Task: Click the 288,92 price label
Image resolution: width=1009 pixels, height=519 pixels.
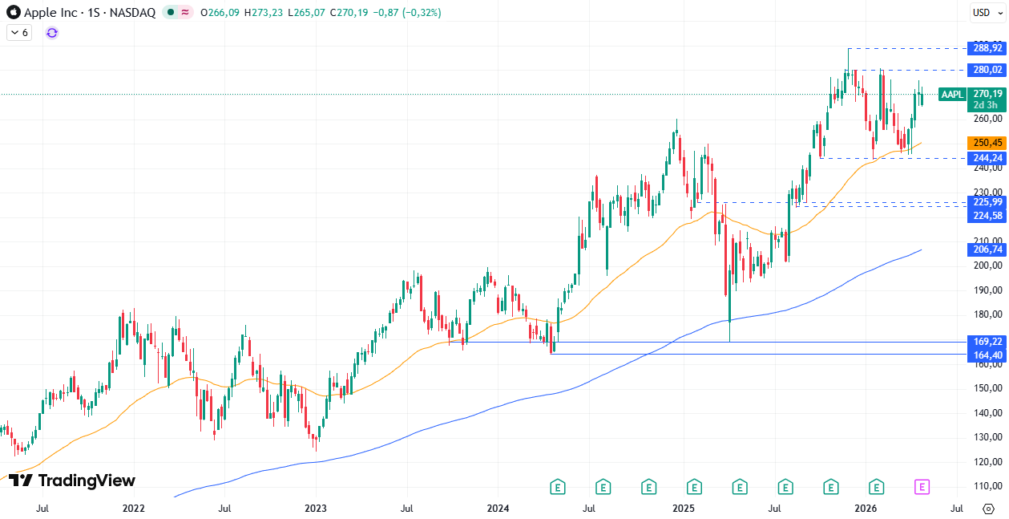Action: pos(987,48)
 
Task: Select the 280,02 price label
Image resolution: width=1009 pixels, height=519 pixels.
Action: pos(987,70)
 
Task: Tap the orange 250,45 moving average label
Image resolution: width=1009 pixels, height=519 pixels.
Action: pos(987,143)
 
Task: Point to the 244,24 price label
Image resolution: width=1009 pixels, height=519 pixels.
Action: pos(987,158)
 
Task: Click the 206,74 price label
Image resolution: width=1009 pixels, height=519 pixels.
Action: pos(987,249)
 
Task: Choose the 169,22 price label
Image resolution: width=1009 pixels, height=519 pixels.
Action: pos(987,342)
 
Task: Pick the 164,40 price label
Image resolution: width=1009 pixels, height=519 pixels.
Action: pos(987,355)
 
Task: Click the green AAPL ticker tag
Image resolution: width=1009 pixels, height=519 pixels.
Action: pos(952,95)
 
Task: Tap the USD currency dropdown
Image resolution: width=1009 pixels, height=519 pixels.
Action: pos(984,12)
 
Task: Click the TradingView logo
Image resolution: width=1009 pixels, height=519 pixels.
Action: pos(72,480)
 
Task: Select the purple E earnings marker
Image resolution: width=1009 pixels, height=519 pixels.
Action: pos(922,486)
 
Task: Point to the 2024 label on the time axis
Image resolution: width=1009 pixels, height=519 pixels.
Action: pos(498,509)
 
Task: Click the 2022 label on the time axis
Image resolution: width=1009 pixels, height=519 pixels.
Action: pos(133,509)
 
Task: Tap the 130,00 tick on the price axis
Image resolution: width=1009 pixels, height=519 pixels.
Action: pos(987,437)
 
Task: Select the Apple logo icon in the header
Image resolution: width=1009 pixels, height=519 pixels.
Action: pos(14,13)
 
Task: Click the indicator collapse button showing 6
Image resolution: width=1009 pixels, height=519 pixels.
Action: pos(19,33)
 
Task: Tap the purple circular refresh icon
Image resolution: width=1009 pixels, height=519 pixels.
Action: pos(52,33)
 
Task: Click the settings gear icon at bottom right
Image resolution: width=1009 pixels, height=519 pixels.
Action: pos(987,509)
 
